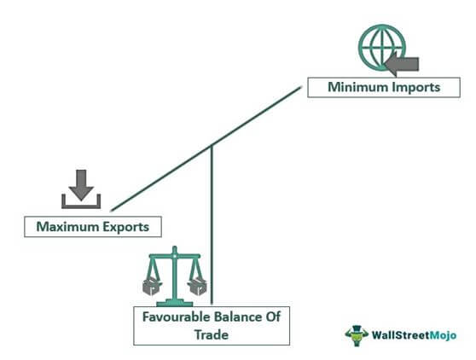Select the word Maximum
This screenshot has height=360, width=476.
click(x=67, y=227)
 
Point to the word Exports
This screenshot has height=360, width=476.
click(x=125, y=227)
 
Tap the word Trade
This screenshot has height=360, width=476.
click(x=212, y=334)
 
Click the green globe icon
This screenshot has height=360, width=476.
click(x=381, y=48)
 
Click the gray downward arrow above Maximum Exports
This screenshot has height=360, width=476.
click(x=81, y=185)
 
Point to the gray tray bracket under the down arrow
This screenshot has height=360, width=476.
click(x=81, y=206)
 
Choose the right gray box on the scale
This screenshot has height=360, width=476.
click(x=197, y=286)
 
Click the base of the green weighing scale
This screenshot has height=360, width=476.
click(x=175, y=303)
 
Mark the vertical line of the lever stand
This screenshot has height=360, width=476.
click(x=212, y=225)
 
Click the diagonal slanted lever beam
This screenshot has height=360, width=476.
click(x=206, y=148)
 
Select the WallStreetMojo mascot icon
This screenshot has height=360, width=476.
click(x=357, y=335)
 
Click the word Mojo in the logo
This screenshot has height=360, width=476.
click(x=444, y=335)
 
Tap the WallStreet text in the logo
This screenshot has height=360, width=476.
click(x=401, y=335)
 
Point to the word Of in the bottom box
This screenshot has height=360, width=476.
click(x=274, y=316)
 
